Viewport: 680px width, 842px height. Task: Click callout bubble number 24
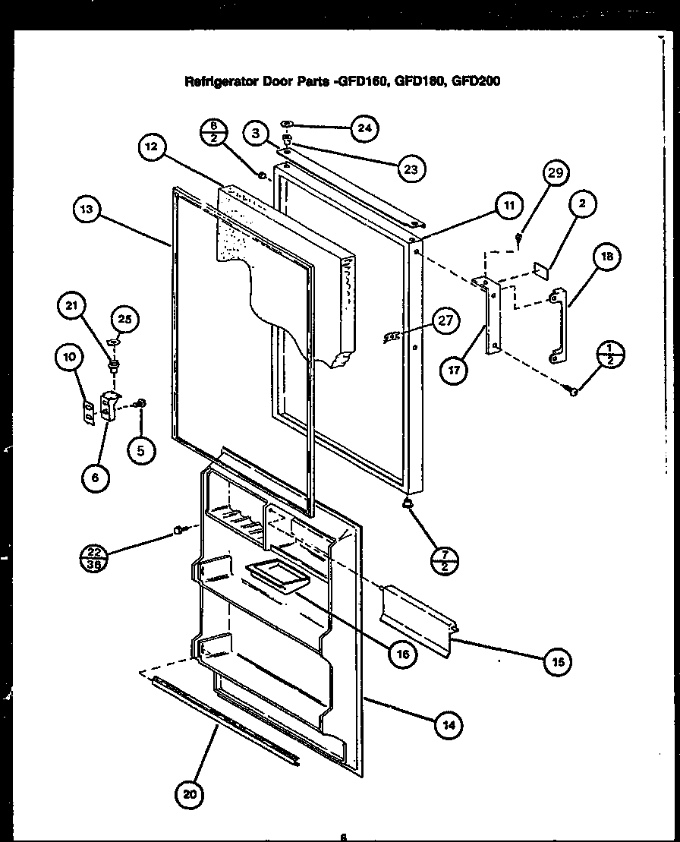point(365,128)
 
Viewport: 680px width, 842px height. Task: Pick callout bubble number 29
point(555,174)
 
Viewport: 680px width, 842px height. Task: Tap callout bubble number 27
point(445,320)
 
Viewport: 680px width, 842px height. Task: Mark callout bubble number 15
point(559,661)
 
